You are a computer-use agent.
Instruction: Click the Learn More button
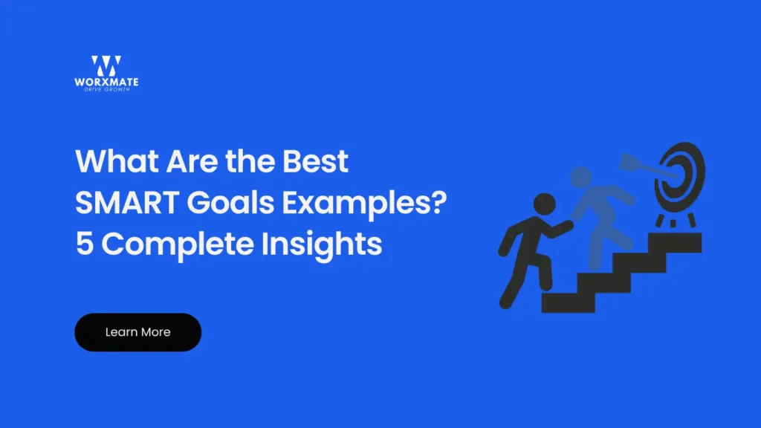pos(137,332)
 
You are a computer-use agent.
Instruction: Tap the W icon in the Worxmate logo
pos(106,65)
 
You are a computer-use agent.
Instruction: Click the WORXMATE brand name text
pos(107,82)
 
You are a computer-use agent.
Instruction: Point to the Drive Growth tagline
pos(107,90)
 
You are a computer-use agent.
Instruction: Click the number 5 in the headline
pos(83,243)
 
